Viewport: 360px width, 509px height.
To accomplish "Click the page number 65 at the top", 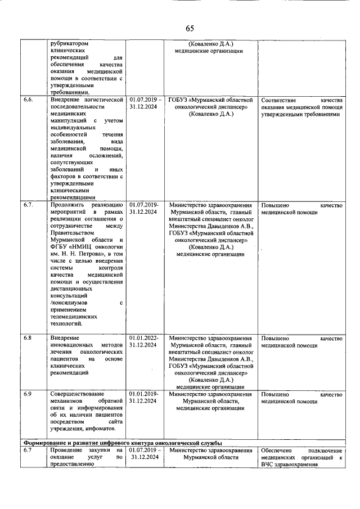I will tap(190, 29).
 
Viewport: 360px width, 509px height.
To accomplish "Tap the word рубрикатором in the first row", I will tap(69, 43).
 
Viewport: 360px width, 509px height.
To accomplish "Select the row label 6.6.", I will tap(29, 99).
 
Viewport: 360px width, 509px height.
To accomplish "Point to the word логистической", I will tap(102, 99).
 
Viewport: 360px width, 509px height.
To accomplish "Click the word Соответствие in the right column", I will tap(281, 99).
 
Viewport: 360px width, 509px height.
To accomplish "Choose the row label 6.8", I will tap(28, 337).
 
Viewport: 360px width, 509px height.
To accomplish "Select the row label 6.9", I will tap(28, 394).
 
